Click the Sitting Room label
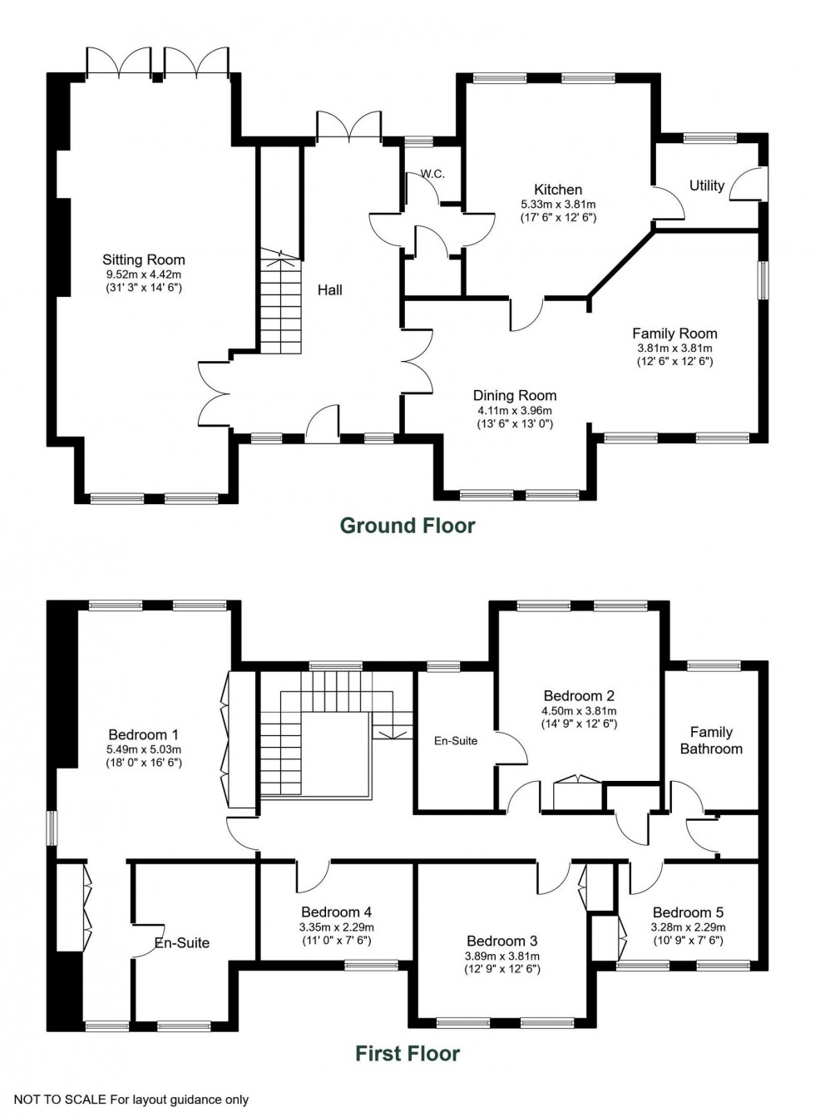(x=143, y=259)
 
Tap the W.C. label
(x=432, y=174)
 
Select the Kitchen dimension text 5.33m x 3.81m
(x=558, y=204)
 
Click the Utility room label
(x=706, y=185)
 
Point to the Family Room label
(x=674, y=334)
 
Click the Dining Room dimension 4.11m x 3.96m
(x=515, y=410)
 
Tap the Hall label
(x=330, y=290)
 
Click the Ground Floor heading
(x=407, y=526)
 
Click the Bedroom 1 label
(x=143, y=734)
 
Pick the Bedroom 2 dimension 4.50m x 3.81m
(x=579, y=711)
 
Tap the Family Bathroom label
(x=711, y=740)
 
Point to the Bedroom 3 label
(x=501, y=941)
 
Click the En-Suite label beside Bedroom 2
(x=456, y=740)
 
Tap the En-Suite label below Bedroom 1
(x=182, y=942)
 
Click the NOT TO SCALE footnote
(x=131, y=1100)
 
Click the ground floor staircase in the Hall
(x=279, y=304)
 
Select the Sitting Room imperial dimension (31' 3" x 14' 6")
(x=143, y=287)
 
